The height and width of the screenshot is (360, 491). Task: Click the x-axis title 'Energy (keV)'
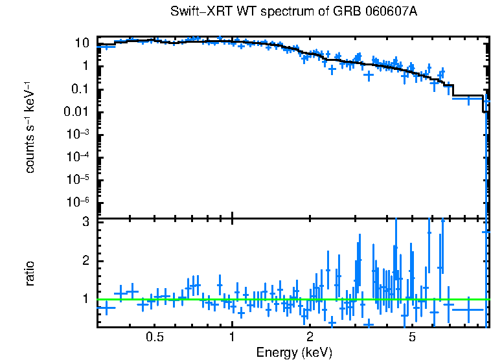coord(294,352)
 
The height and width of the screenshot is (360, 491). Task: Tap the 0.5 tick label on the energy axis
coord(154,337)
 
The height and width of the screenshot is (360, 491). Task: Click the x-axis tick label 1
coord(232,337)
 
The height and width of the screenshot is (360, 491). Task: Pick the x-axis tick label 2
coord(310,337)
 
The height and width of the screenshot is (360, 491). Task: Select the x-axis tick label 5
coord(412,337)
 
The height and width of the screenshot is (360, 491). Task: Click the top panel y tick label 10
coord(82,43)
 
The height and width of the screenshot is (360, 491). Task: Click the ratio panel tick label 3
coord(84,222)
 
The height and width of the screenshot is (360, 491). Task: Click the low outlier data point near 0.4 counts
coord(369,75)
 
